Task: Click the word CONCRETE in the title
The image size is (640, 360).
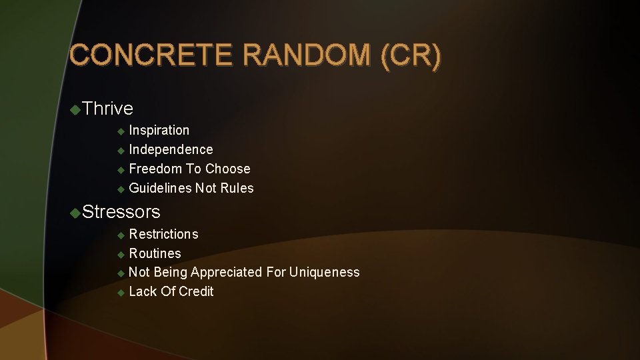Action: click(152, 56)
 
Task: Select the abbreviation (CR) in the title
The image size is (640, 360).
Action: click(411, 56)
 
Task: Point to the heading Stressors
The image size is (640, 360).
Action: click(122, 212)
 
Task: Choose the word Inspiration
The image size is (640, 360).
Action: click(159, 130)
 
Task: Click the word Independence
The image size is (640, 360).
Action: click(171, 149)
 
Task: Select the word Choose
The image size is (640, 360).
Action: click(228, 169)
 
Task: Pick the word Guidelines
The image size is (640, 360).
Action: click(160, 188)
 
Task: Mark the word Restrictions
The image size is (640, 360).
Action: click(163, 234)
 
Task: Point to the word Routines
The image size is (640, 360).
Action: click(155, 253)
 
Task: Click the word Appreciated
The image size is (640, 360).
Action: click(226, 272)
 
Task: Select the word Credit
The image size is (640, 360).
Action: click(196, 291)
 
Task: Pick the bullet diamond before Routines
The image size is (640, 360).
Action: click(121, 254)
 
